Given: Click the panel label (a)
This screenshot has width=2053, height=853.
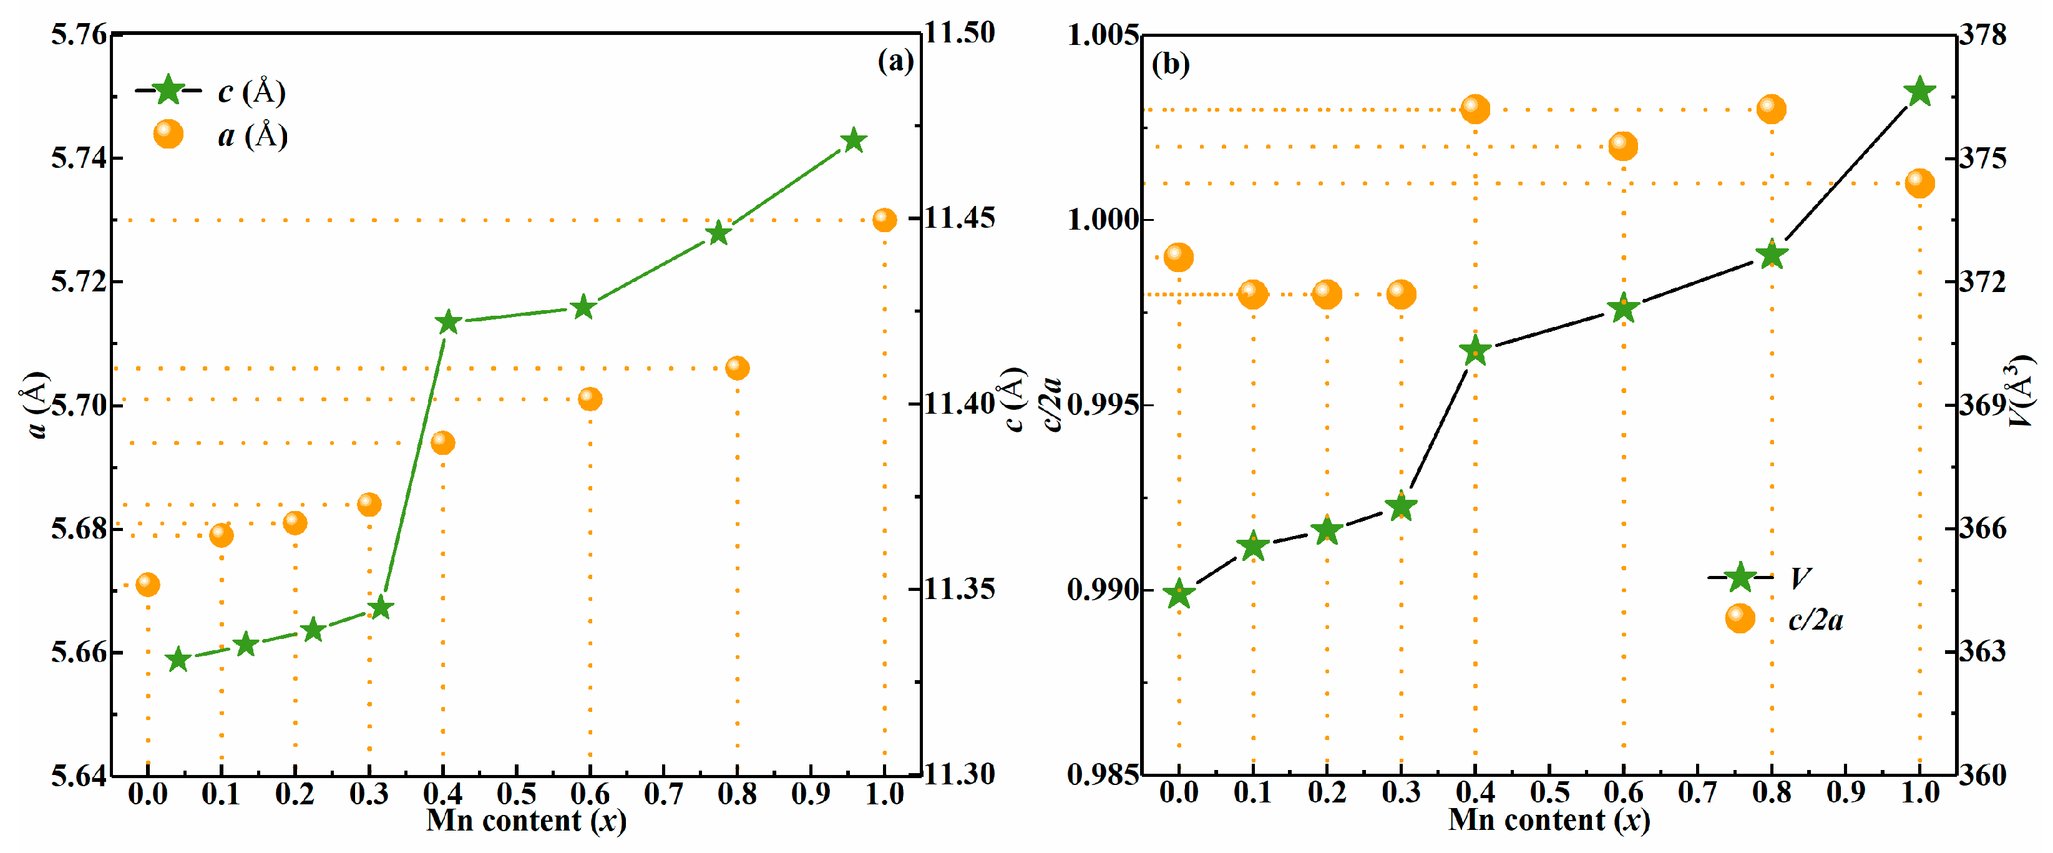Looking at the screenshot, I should coord(895,61).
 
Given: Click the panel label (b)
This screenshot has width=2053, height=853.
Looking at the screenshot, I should coord(1170,64).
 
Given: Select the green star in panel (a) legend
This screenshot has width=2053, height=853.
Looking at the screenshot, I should coord(168,90).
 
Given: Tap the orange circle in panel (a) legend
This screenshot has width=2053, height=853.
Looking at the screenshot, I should coord(168,134).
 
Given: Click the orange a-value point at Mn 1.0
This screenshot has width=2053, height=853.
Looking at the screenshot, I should coord(884,220).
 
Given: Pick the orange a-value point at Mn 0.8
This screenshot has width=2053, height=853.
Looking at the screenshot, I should coord(737,368).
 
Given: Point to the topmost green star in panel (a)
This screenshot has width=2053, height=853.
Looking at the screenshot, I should coord(854,141).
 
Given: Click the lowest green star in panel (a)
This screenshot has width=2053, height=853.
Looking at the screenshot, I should coord(178,660).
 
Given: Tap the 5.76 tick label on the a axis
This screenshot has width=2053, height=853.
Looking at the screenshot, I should coord(78,35).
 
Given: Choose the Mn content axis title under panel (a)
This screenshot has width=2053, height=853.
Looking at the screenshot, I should coord(526,821).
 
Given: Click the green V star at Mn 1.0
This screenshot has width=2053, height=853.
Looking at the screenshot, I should coord(1919,92).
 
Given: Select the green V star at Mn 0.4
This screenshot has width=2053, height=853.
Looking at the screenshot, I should coord(1475,350).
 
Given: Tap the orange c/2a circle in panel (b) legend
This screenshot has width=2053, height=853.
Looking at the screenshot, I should coord(1740,618).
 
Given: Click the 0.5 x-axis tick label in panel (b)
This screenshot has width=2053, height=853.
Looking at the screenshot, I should coord(1549,792).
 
